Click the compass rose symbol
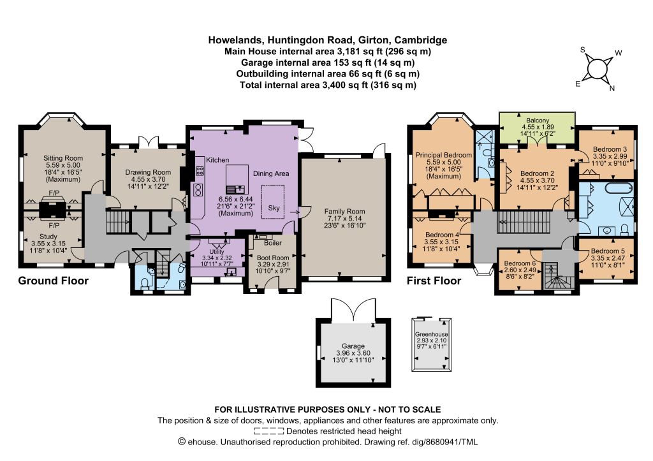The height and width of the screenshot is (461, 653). (597, 69)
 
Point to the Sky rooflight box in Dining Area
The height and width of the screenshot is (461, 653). (273, 201)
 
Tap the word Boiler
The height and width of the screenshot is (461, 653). (273, 243)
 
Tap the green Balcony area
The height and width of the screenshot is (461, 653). (537, 128)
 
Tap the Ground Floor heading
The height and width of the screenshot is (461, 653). (54, 281)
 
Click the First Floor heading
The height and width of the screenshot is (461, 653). (434, 281)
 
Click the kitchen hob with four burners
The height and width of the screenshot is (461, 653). (200, 170)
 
